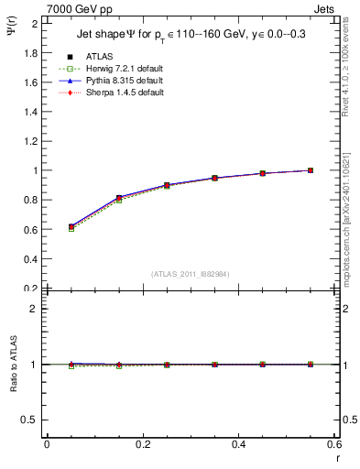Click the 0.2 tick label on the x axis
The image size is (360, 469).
(x=142, y=444)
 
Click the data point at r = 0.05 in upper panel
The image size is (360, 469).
(x=71, y=226)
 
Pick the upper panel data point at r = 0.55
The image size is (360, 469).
(x=311, y=170)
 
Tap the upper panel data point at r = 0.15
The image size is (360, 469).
(x=118, y=198)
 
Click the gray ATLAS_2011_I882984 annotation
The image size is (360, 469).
(x=189, y=274)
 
